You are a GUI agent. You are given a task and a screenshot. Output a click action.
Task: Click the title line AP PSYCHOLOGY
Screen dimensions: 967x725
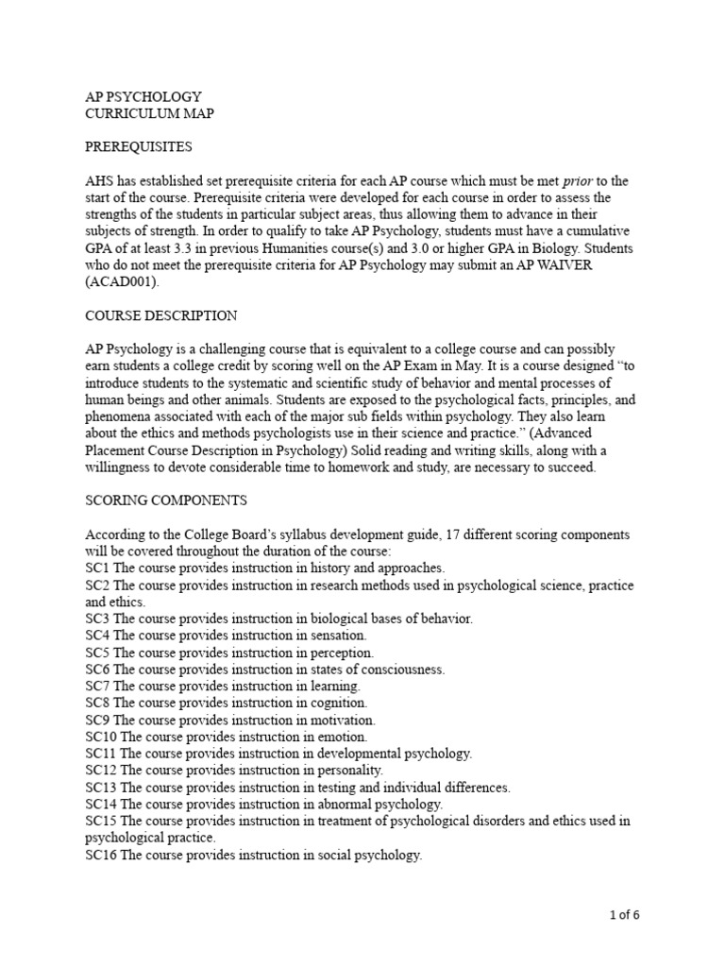point(143,97)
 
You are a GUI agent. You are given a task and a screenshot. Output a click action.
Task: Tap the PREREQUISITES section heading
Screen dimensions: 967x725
point(138,147)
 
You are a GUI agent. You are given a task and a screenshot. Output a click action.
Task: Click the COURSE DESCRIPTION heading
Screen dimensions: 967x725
point(161,315)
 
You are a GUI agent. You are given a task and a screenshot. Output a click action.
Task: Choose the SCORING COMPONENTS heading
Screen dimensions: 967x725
point(166,500)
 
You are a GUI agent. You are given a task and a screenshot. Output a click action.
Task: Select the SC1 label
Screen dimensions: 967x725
point(97,568)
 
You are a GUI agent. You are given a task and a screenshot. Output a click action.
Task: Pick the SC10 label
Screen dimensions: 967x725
point(101,737)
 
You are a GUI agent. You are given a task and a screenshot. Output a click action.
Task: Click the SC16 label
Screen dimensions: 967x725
point(101,855)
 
